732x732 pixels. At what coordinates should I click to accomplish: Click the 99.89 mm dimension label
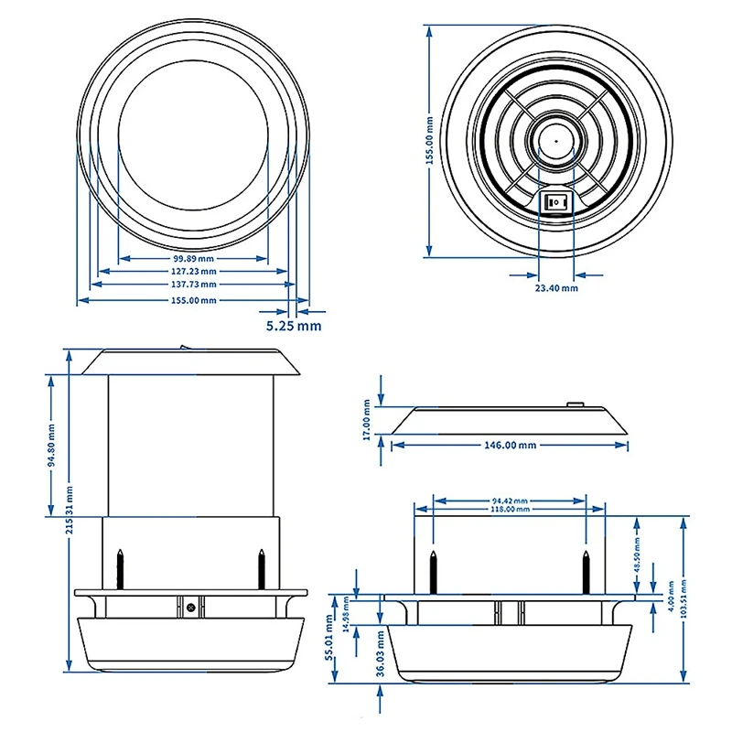194,258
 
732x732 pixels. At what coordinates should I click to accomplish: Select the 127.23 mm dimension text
194,272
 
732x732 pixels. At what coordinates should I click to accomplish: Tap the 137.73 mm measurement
194,285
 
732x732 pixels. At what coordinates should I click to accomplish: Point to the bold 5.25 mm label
294,325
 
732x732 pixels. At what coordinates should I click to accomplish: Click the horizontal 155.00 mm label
194,300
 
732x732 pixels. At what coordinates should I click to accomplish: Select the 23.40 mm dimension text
556,288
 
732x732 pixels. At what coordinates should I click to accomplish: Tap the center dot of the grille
554,141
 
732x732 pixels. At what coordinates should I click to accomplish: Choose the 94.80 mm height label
52,446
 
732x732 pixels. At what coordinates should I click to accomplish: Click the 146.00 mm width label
510,446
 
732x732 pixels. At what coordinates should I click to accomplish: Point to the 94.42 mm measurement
510,501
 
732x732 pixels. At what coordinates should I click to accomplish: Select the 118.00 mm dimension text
510,510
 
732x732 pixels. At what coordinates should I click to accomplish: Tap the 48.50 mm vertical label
638,554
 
